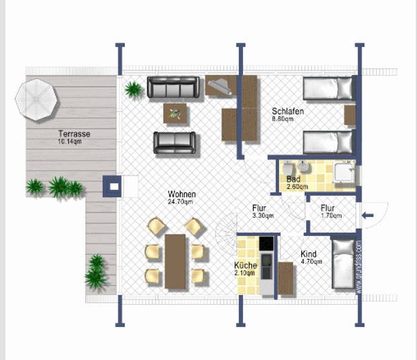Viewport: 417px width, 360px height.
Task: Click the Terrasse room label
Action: (74, 134)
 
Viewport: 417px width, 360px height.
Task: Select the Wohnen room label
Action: (182, 194)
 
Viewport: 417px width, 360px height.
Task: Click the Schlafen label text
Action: (288, 112)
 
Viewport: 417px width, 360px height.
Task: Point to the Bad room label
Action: (293, 180)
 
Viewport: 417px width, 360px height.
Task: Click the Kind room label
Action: (309, 254)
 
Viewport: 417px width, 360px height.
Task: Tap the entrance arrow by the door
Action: (368, 215)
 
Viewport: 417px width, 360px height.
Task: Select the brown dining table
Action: (175, 260)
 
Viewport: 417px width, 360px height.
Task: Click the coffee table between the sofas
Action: (176, 114)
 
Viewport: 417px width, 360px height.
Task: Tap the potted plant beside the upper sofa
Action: (134, 88)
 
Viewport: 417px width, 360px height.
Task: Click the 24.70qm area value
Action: (181, 202)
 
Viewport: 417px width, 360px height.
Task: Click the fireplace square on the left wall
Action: (112, 186)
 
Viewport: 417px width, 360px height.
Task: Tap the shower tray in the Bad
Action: (344, 174)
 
